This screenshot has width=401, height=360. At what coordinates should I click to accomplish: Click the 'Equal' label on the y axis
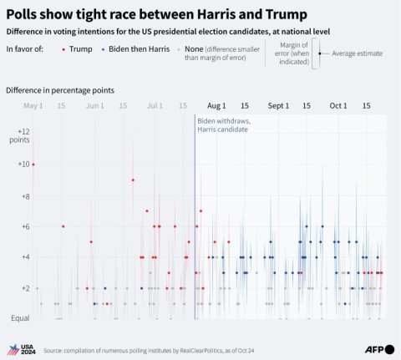[19, 319]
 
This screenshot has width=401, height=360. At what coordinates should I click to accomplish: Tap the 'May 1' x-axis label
[33, 106]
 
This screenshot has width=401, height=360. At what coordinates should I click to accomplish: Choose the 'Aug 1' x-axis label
[216, 106]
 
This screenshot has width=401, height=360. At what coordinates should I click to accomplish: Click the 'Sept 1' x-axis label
[278, 106]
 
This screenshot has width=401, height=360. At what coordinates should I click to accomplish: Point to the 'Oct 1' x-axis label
[338, 106]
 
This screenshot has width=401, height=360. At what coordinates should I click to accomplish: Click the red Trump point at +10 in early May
[33, 165]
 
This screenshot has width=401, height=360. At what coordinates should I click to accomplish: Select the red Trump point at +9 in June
[133, 180]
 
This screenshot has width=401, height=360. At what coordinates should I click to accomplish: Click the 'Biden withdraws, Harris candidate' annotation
[224, 125]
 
